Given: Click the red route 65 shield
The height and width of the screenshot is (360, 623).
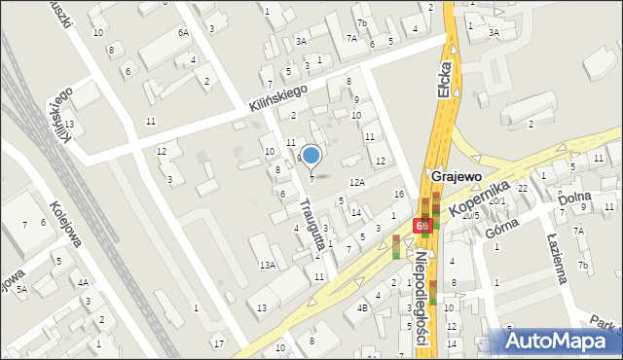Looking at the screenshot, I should pyautogui.click(x=421, y=226).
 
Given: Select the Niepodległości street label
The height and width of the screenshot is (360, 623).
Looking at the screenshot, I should pyautogui.click(x=435, y=291).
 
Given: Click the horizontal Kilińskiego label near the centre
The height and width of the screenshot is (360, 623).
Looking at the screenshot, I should pyautogui.click(x=277, y=99).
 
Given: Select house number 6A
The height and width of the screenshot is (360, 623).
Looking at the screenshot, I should pyautogui.click(x=183, y=32).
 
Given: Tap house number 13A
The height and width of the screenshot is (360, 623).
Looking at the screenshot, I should pyautogui.click(x=267, y=265).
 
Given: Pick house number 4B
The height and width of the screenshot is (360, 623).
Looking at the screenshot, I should pyautogui.click(x=362, y=307).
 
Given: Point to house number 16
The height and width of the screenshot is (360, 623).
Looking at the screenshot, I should pyautogui.click(x=399, y=196).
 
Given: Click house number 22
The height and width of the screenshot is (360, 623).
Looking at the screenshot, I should pyautogui.click(x=522, y=188).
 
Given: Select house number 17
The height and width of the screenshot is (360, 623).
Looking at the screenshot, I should pyautogui.click(x=219, y=342).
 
